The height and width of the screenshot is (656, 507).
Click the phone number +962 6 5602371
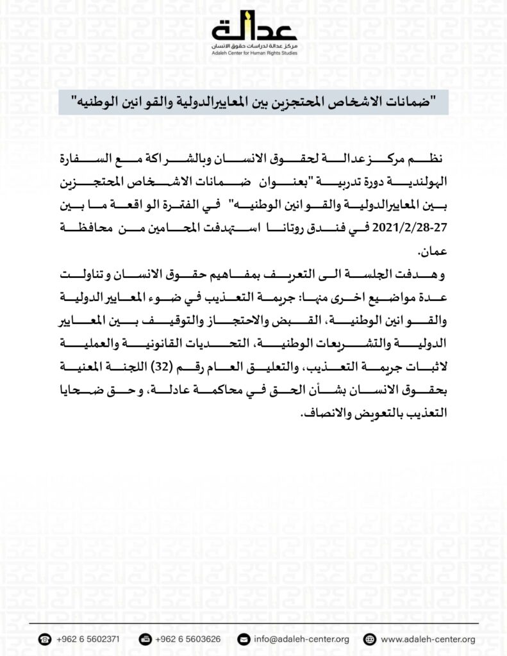click(x=87, y=639)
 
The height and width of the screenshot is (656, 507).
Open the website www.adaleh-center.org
click(x=428, y=639)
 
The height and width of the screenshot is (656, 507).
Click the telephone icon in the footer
click(x=44, y=639)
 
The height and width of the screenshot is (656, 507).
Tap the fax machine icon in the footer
click(x=145, y=639)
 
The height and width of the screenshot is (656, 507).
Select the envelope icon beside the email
click(x=243, y=639)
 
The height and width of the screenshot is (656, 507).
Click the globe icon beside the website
click(x=369, y=639)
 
